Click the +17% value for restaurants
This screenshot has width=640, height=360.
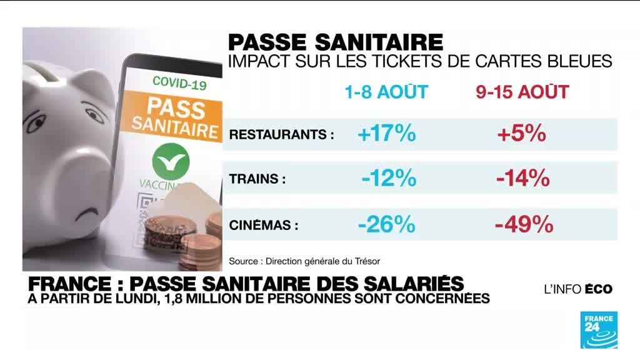(386, 134)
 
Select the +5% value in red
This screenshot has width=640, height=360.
(522, 134)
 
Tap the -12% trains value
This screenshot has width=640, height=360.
(388, 179)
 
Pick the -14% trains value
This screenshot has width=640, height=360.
(522, 179)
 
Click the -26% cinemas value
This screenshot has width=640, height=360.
(386, 223)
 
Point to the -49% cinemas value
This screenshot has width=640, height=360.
(524, 223)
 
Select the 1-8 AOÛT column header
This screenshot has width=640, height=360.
(386, 92)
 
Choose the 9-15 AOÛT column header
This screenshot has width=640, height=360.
(522, 92)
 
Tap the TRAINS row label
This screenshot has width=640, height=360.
(257, 179)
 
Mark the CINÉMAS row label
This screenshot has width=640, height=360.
(264, 224)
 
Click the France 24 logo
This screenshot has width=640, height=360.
(599, 329)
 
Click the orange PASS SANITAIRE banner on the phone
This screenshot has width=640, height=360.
(176, 116)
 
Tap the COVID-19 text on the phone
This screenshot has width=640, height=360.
(179, 81)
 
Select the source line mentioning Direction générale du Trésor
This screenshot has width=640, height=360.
(304, 261)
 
